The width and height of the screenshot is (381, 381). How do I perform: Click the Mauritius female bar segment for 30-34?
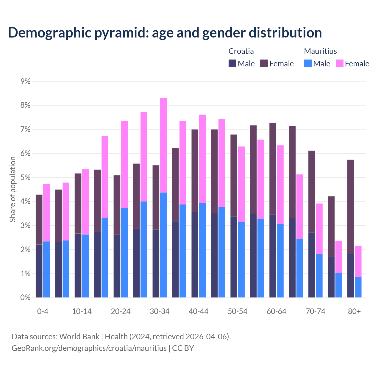163,145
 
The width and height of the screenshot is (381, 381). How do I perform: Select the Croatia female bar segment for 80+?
351,207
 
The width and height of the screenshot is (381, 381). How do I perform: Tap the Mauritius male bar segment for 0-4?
46,269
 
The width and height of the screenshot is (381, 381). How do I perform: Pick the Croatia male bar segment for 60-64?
273,256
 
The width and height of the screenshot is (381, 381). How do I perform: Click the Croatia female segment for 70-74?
312,192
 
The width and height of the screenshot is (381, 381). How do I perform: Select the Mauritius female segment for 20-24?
124,164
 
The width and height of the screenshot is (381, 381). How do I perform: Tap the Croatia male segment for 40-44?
195,255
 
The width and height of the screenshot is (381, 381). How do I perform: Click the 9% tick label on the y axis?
26,81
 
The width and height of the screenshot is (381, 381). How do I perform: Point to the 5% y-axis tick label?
26,177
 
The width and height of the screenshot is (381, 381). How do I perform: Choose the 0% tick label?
26,297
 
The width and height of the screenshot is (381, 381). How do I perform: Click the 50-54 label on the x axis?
238,311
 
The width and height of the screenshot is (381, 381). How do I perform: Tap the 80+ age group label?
354,311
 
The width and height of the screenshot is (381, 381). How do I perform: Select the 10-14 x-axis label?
82,311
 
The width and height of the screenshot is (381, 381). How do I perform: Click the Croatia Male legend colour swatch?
232,63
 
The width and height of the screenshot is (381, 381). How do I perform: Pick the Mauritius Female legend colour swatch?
340,63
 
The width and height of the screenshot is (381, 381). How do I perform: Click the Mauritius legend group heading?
320,51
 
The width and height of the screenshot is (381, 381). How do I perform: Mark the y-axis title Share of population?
13,189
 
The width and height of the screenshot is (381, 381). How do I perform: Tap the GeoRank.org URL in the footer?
89,348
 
